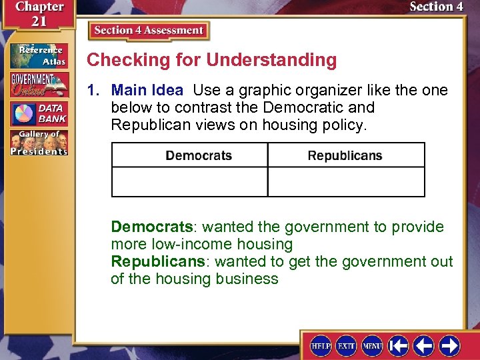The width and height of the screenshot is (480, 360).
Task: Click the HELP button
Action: tap(321, 345)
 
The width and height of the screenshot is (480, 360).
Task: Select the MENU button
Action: tap(371, 345)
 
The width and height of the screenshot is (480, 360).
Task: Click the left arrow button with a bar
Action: tap(399, 345)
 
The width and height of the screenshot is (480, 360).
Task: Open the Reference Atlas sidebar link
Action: tap(39, 56)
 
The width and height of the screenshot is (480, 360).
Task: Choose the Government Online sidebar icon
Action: tap(39, 85)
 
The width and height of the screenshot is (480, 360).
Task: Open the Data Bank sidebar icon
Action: tap(39, 114)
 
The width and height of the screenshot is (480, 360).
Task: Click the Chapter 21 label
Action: tap(39, 13)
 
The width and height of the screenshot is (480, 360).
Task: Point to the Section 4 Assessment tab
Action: tap(149, 31)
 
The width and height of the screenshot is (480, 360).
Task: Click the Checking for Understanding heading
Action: tap(212, 60)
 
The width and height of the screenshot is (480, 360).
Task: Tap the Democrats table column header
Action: tap(199, 155)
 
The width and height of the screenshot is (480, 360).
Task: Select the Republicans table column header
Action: tap(345, 155)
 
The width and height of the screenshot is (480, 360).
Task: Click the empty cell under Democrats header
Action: tap(190, 181)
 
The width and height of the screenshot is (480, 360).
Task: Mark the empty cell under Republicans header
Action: tap(346, 181)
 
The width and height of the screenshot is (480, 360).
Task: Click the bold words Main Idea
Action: tap(147, 90)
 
